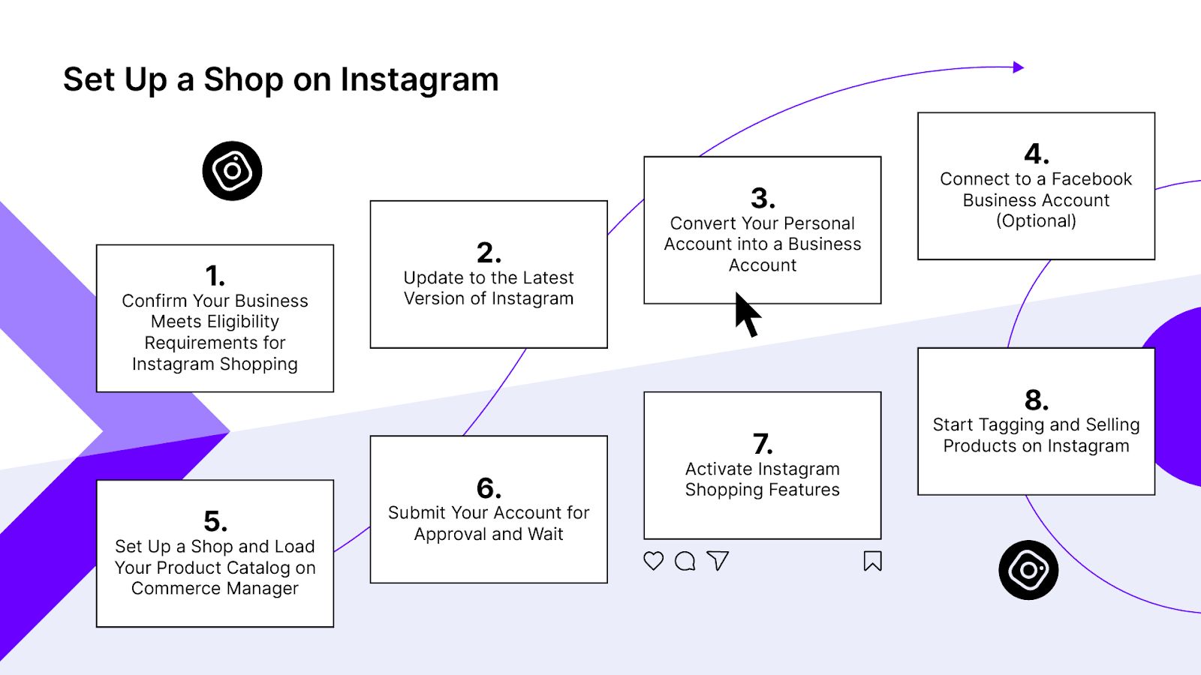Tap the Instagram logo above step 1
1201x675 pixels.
coord(232,171)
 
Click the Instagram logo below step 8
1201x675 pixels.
coord(1028,570)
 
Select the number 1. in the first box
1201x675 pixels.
coord(215,276)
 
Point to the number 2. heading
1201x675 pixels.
coord(489,253)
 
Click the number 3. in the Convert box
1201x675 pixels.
coord(763,198)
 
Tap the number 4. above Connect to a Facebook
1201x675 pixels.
coord(1037,154)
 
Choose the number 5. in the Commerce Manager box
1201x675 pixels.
coord(215,521)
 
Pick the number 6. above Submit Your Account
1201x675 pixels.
coord(489,488)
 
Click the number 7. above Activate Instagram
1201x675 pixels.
coord(763,444)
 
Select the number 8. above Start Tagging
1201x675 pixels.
coord(1037,400)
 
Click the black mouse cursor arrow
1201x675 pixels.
coord(746,313)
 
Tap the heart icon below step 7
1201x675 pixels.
coord(654,561)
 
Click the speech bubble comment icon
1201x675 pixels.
coord(685,561)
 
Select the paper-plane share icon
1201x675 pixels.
coord(718,560)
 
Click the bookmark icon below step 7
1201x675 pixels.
coord(872,561)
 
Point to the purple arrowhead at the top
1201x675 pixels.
coord(1018,67)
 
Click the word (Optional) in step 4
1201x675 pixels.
coord(1036,221)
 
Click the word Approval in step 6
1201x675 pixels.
coord(450,534)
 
